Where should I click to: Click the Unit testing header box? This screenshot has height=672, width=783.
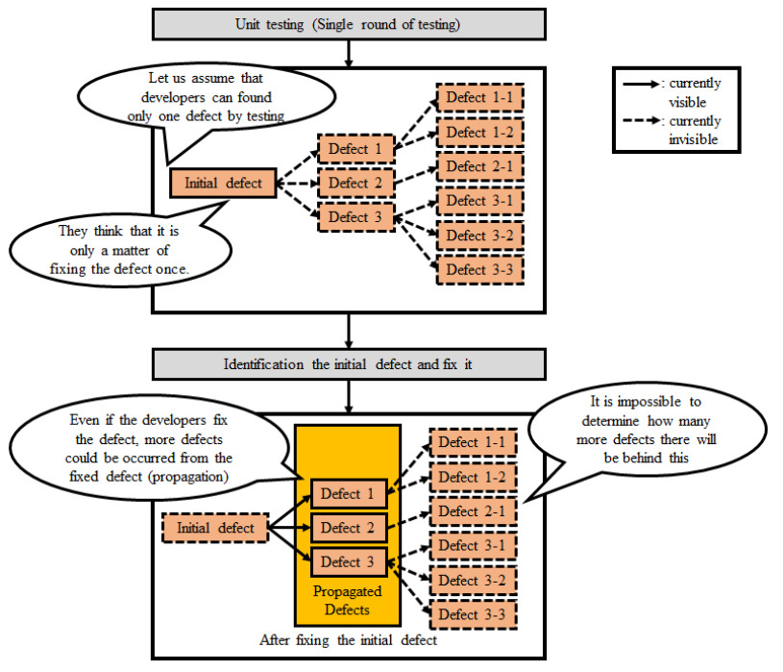click(348, 24)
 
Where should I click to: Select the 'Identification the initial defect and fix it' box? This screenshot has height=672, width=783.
click(348, 364)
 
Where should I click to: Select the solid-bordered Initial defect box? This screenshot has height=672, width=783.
click(223, 183)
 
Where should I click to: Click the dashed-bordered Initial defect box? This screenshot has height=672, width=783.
click(215, 528)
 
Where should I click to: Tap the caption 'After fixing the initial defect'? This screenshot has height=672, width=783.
click(348, 639)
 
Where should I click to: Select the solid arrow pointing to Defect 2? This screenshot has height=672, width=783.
click(289, 528)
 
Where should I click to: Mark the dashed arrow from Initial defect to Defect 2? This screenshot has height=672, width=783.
click(297, 183)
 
